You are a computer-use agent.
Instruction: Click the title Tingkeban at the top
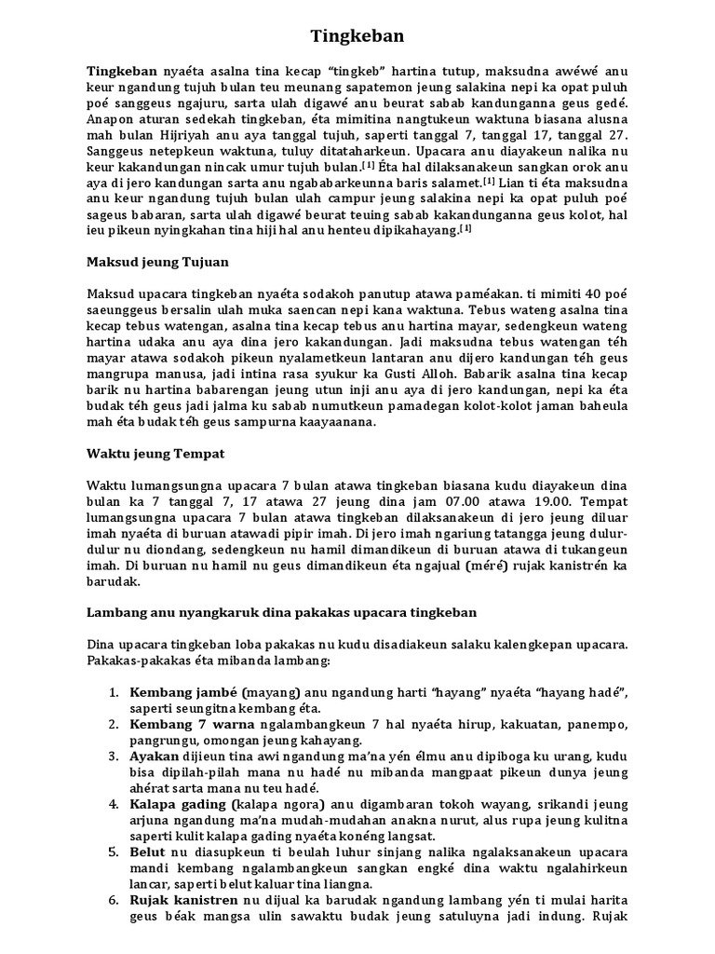357,36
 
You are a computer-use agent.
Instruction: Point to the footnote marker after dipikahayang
465,228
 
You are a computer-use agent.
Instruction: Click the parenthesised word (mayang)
270,693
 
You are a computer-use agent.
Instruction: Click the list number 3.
113,756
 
